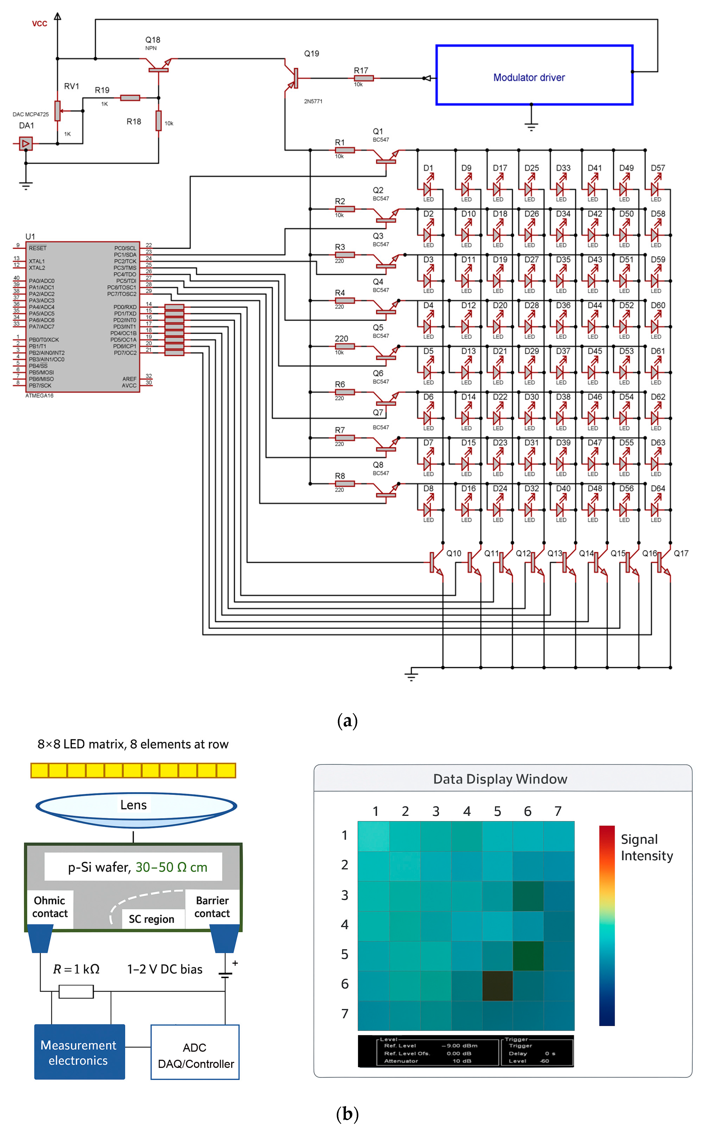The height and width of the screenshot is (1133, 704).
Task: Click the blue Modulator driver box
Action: click(x=534, y=75)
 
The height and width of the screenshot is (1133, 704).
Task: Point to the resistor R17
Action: click(x=364, y=78)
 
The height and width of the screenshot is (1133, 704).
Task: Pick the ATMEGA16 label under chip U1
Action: click(x=40, y=395)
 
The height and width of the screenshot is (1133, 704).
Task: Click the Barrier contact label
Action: click(x=212, y=907)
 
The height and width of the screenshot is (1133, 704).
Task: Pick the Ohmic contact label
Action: click(x=50, y=907)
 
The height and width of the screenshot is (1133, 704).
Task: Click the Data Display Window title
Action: click(x=500, y=779)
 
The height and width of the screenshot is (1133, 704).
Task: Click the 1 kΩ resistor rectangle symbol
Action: click(x=76, y=991)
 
